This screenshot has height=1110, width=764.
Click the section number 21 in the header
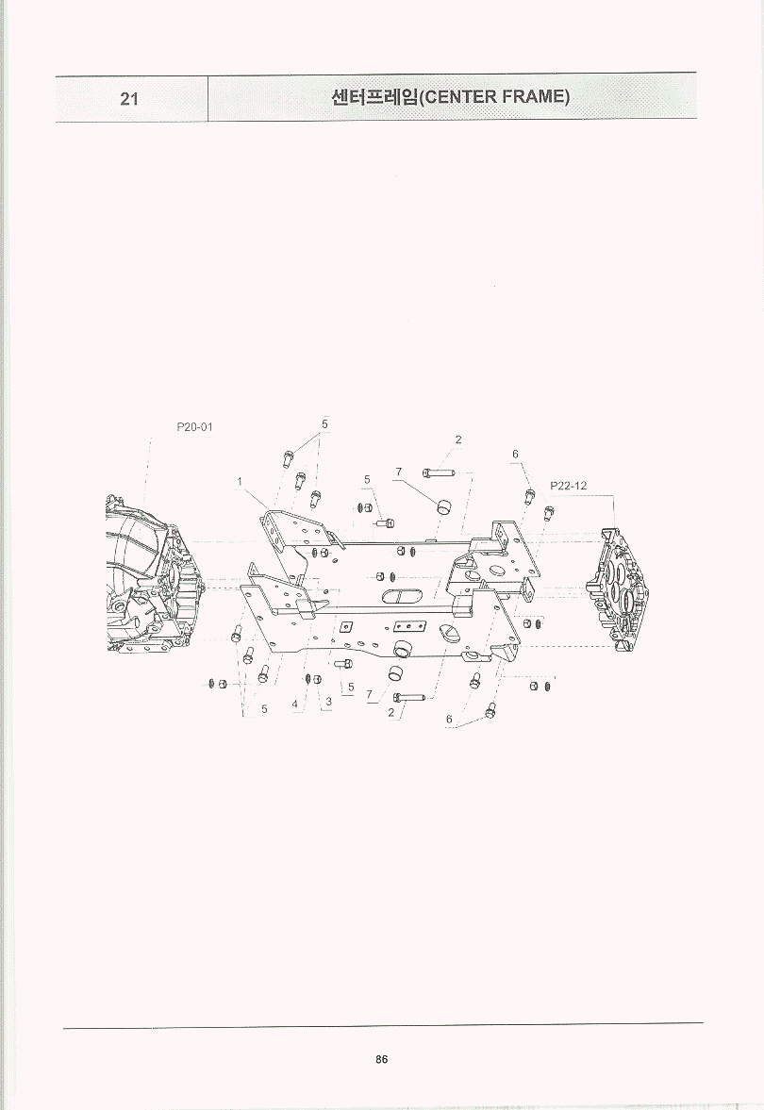(129, 98)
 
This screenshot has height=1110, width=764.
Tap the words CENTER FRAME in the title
(495, 96)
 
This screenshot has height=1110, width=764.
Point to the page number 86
(382, 1060)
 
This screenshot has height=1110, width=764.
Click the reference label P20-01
(194, 427)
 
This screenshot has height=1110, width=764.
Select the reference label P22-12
(568, 486)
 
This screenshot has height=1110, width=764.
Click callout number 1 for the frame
(240, 481)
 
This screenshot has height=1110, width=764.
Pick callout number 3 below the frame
(329, 703)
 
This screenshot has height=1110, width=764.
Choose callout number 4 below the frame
(294, 704)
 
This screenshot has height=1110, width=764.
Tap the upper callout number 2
(458, 439)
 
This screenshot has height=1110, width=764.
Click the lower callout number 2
(390, 713)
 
